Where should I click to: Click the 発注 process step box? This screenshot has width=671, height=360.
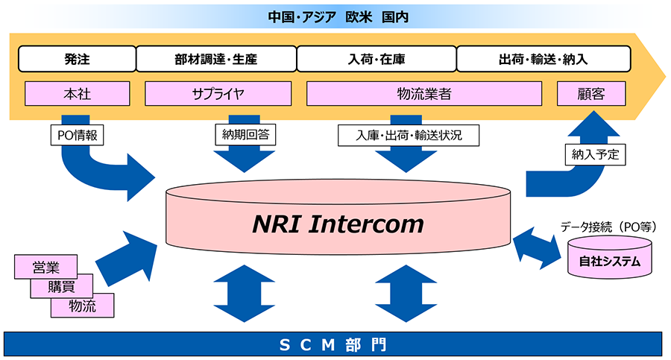point(77,58)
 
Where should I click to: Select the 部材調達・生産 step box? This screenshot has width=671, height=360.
point(216,58)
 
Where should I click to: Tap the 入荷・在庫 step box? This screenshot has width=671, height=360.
point(377,58)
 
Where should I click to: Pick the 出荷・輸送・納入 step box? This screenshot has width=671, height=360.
point(544,58)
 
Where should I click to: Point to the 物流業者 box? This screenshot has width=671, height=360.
point(424,94)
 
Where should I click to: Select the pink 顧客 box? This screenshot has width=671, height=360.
point(590,94)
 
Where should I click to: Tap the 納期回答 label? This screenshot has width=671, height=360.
point(245,135)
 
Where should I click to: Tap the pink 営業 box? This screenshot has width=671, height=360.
point(45,266)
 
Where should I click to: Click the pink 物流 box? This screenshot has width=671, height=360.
point(82,305)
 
